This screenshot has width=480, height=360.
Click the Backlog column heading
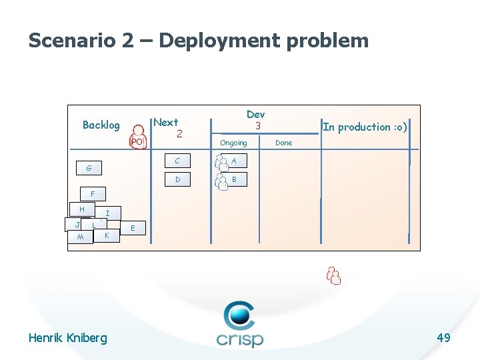pos(101,125)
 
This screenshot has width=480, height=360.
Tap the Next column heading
pos(166,123)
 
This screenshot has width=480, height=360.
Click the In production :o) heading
pos(365,127)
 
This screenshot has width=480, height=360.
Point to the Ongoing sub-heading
pos(233,143)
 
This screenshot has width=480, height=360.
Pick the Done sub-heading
pos(283,143)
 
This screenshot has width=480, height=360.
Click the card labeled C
pos(177,161)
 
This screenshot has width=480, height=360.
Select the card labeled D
pos(177,180)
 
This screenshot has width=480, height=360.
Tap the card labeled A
pos(234,161)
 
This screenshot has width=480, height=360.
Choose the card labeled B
pos(234,179)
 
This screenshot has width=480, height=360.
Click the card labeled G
pos(89,169)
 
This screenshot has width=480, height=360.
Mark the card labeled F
pos(93,195)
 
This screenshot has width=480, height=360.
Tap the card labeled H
pos(81,209)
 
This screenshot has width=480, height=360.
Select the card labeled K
pos(107,236)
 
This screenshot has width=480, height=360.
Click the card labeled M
pos(80,238)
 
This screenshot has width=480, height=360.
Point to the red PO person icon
pos(137,137)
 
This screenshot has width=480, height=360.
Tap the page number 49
pos(443,338)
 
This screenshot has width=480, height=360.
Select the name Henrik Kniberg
pos(67,338)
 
